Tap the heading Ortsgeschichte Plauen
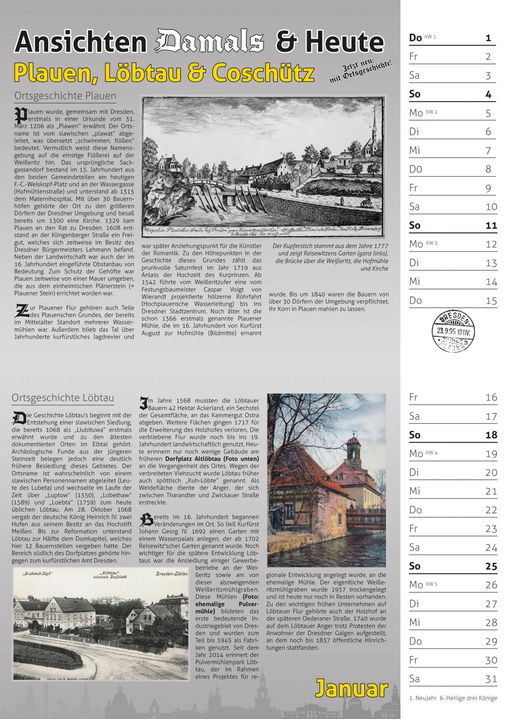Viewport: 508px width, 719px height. [65, 96]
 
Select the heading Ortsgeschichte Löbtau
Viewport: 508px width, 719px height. [63, 398]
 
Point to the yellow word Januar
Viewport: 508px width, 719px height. [351, 689]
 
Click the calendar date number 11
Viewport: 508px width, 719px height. [491, 225]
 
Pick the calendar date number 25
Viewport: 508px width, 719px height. [491, 566]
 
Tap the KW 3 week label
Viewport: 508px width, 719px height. [431, 243]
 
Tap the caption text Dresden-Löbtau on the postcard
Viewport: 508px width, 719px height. [172, 574]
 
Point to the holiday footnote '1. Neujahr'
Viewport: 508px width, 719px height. [422, 698]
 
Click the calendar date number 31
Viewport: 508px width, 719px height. [491, 679]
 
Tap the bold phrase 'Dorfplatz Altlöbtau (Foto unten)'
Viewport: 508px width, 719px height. [212, 459]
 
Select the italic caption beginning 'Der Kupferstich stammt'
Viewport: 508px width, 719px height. [330, 257]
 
